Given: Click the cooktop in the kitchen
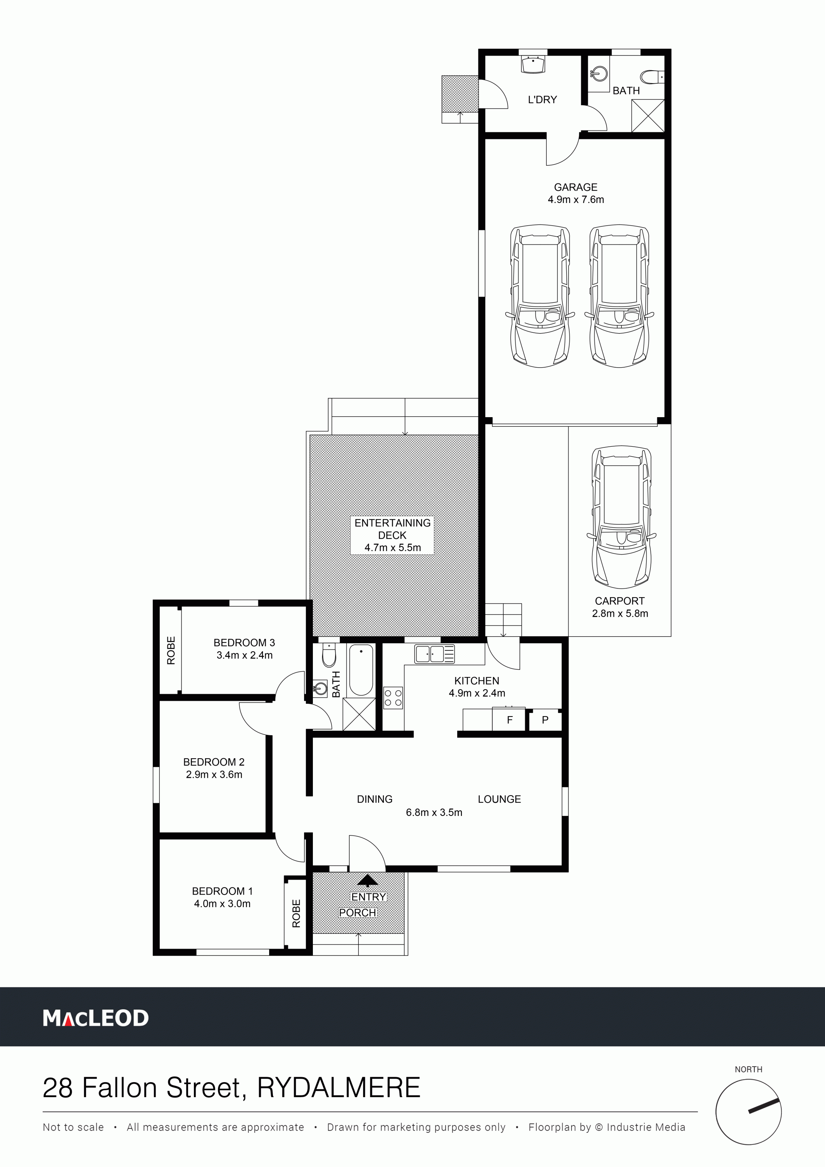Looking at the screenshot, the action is pyautogui.click(x=393, y=697).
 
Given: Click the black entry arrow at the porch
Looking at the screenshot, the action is pyautogui.click(x=367, y=880).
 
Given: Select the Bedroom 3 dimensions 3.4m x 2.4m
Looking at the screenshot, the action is pyautogui.click(x=245, y=655).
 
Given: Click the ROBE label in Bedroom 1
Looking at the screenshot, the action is pyautogui.click(x=296, y=913).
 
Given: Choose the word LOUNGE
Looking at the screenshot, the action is pyautogui.click(x=499, y=799).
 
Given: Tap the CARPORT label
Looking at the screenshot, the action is pyautogui.click(x=620, y=601).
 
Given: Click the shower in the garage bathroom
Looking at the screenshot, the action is pyautogui.click(x=648, y=116).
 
